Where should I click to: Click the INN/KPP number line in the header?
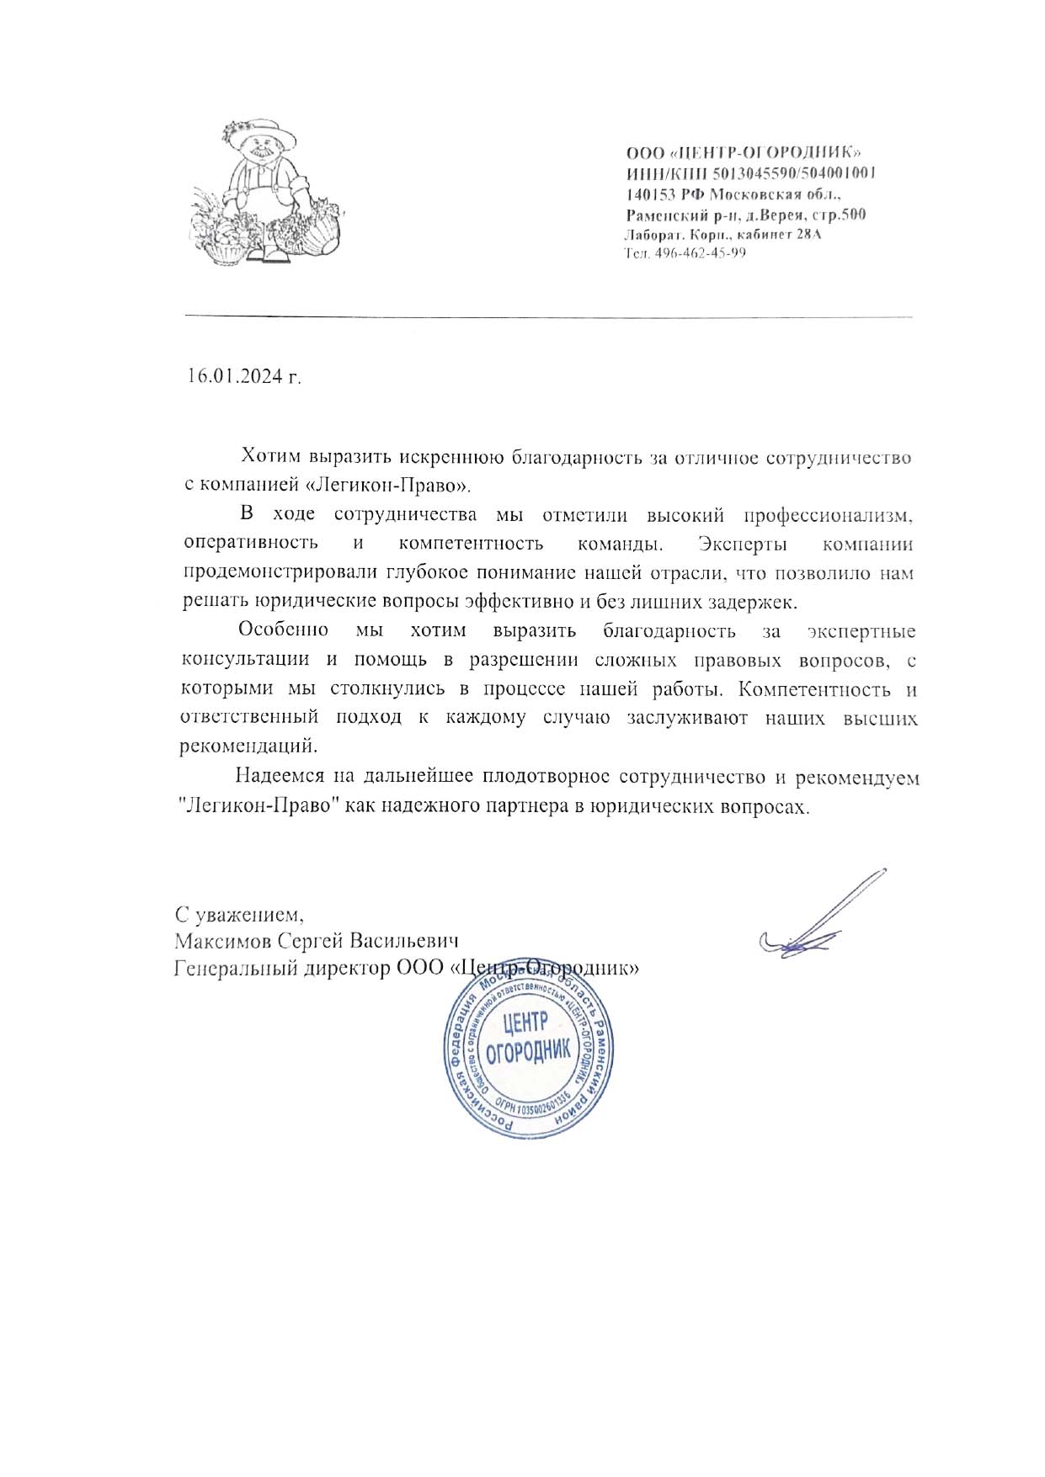coord(752,173)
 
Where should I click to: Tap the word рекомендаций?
coord(250,746)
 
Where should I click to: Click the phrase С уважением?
coord(238,914)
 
